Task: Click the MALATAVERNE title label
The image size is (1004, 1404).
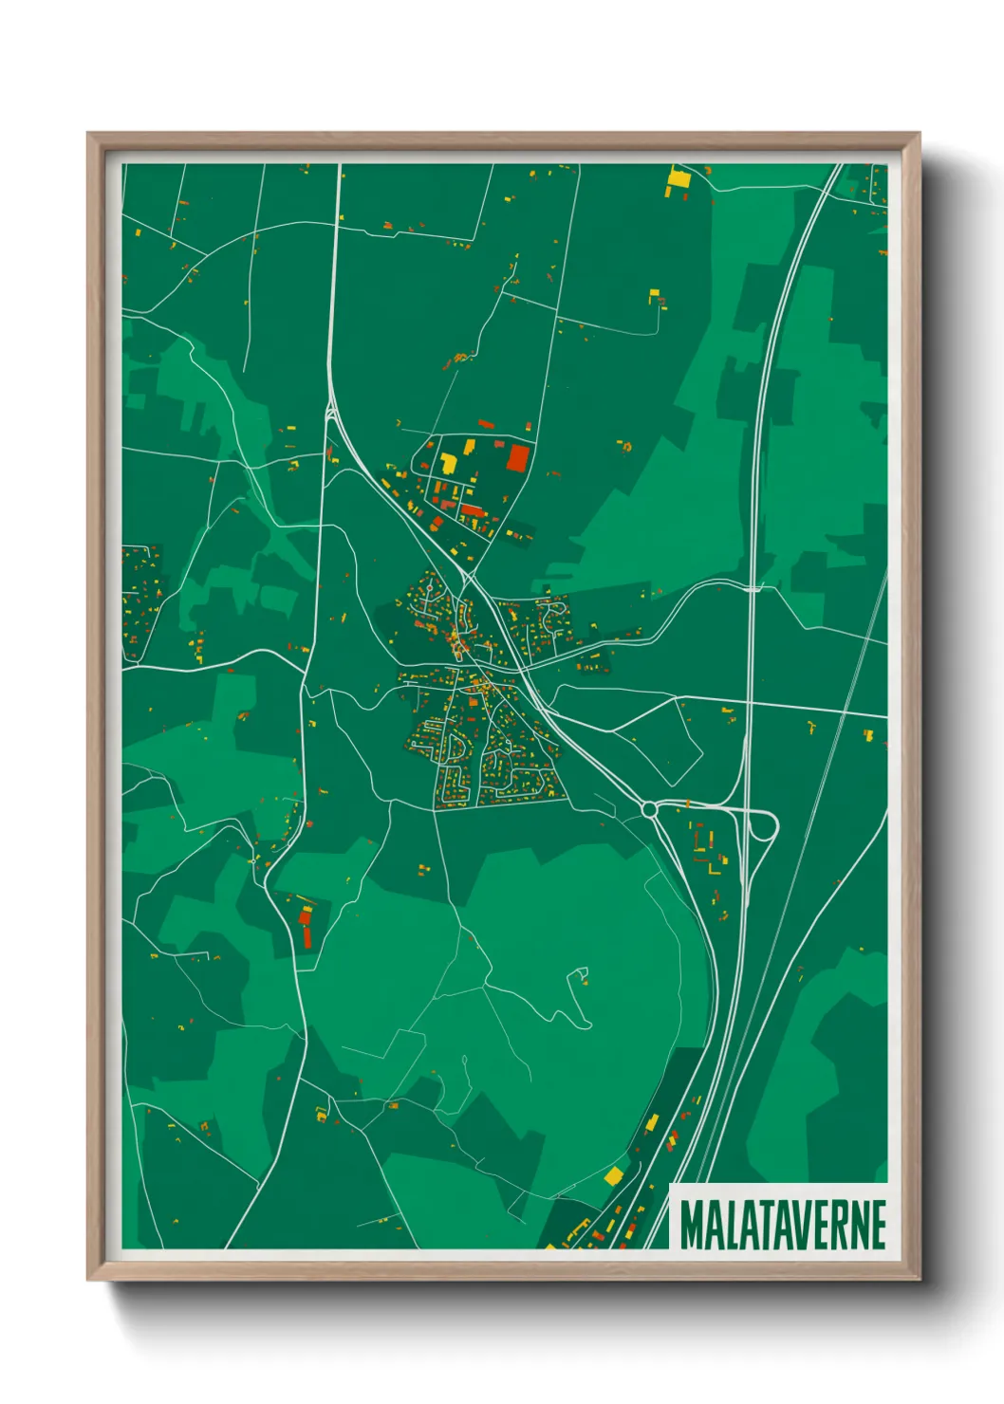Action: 783,1225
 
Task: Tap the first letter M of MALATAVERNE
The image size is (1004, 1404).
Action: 690,1225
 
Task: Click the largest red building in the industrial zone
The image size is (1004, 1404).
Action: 517,458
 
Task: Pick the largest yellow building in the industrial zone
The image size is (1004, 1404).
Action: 448,464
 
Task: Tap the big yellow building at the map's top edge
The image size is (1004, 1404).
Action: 679,177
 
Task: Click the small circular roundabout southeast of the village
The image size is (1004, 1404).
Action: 649,810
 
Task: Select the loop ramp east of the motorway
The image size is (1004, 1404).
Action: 765,826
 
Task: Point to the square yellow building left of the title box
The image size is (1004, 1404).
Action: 614,1176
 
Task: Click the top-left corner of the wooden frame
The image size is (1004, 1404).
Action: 88,134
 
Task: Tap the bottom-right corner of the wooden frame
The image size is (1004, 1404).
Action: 919,1279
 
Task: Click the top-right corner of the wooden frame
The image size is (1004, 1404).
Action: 919,134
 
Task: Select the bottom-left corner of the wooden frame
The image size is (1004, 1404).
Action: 88,1279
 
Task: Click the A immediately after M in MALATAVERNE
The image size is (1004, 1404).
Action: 709,1225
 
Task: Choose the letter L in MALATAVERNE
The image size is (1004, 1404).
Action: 725,1225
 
